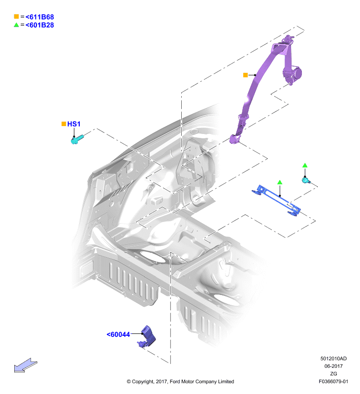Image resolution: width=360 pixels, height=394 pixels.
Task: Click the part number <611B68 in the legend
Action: point(40,17)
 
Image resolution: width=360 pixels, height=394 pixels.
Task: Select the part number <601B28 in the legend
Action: point(40,25)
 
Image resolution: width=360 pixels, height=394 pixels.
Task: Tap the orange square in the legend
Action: point(16,17)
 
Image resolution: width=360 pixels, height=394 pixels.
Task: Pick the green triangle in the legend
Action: point(16,25)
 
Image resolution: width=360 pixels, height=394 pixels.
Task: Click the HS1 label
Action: point(74,124)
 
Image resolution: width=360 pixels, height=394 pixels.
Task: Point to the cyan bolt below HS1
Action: point(77,139)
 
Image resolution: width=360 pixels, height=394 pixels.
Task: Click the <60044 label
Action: point(118,334)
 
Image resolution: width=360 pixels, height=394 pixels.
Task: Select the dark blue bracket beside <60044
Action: point(148,337)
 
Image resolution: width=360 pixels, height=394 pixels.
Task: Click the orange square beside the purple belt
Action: point(245,75)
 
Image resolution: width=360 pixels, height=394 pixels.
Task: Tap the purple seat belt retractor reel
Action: point(293,73)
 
